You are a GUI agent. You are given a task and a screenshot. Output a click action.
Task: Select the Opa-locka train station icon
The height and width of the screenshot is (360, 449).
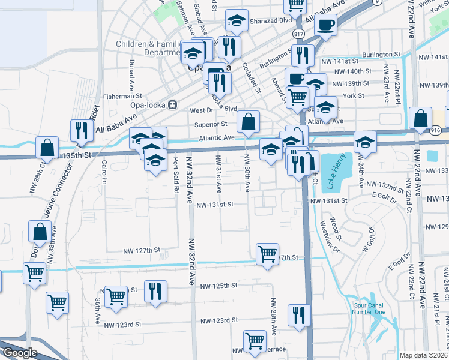pyautogui.click(x=173, y=104)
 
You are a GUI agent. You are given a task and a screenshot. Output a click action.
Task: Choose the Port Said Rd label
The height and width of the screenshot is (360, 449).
pyautogui.click(x=176, y=175)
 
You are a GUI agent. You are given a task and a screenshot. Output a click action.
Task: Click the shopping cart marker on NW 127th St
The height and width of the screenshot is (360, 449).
pyautogui.click(x=267, y=253)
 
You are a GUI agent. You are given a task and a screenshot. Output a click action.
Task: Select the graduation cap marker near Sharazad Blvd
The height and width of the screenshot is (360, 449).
pyautogui.click(x=237, y=21)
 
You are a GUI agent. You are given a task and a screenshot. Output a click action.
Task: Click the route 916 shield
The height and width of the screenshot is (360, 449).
pyautogui.click(x=436, y=130)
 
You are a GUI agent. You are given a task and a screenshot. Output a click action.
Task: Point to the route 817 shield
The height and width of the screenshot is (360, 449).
pyautogui.click(x=299, y=35)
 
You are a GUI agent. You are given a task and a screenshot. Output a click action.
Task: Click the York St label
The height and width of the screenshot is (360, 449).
pyautogui.click(x=354, y=95)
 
